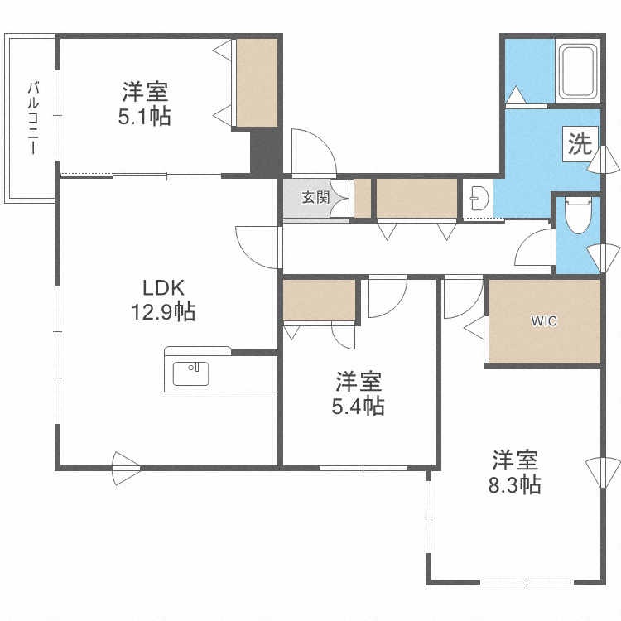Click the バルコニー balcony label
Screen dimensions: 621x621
point(33,118)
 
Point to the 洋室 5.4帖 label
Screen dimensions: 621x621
point(359,394)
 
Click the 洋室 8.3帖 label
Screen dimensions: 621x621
point(517,471)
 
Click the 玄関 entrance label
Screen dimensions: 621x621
point(315,197)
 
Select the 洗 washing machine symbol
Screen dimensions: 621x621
point(580,144)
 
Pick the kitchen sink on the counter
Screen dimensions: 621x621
point(190,374)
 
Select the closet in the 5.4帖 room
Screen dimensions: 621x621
point(319,300)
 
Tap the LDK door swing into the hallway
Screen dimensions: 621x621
point(258,248)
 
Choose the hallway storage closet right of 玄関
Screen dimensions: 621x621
point(416,198)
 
